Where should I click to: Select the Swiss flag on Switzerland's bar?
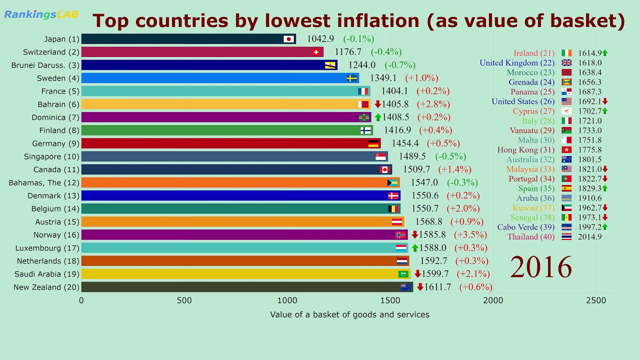[316, 52]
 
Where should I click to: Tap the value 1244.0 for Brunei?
[361, 65]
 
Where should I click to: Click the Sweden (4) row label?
[58, 78]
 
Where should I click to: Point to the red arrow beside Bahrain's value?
[378, 104]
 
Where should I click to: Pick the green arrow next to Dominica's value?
[378, 117]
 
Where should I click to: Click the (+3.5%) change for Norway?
[470, 234]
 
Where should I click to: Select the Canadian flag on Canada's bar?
[384, 169]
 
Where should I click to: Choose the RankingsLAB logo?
[41, 14]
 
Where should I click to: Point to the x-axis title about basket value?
[349, 314]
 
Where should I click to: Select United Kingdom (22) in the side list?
[517, 63]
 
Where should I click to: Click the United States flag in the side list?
[566, 101]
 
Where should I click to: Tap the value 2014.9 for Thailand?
[589, 237]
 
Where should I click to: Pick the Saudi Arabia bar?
[240, 274]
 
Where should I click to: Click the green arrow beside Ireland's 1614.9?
[604, 52]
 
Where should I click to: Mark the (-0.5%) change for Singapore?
[450, 156]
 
